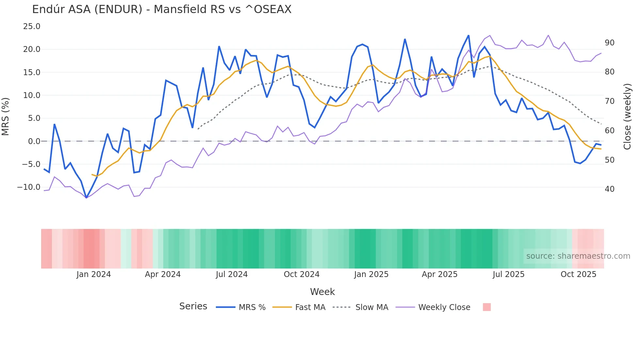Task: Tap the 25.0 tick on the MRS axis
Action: pyautogui.click(x=32, y=26)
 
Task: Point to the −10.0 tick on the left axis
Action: pyautogui.click(x=29, y=187)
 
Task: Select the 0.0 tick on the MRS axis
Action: pyautogui.click(x=34, y=141)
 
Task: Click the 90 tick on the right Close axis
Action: pyautogui.click(x=609, y=43)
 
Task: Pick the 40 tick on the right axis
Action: pyautogui.click(x=609, y=189)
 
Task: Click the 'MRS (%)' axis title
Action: pyautogui.click(x=6, y=117)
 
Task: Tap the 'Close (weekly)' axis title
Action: pyautogui.click(x=627, y=117)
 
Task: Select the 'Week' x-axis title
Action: pyautogui.click(x=322, y=292)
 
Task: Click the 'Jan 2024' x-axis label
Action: pyautogui.click(x=94, y=274)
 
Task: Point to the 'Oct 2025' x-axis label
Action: pyautogui.click(x=578, y=274)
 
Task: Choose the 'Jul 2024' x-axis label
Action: pyautogui.click(x=232, y=274)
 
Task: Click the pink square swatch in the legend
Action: pyautogui.click(x=487, y=307)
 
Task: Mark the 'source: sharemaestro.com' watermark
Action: pyautogui.click(x=578, y=256)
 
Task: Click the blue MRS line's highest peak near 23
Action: pyautogui.click(x=469, y=36)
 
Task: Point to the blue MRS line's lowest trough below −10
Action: pyautogui.click(x=86, y=198)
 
